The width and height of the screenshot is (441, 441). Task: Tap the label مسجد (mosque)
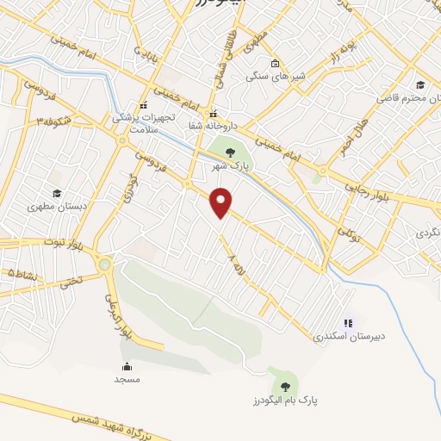tap(127, 379)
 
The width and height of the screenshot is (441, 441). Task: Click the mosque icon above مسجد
tap(127, 366)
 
